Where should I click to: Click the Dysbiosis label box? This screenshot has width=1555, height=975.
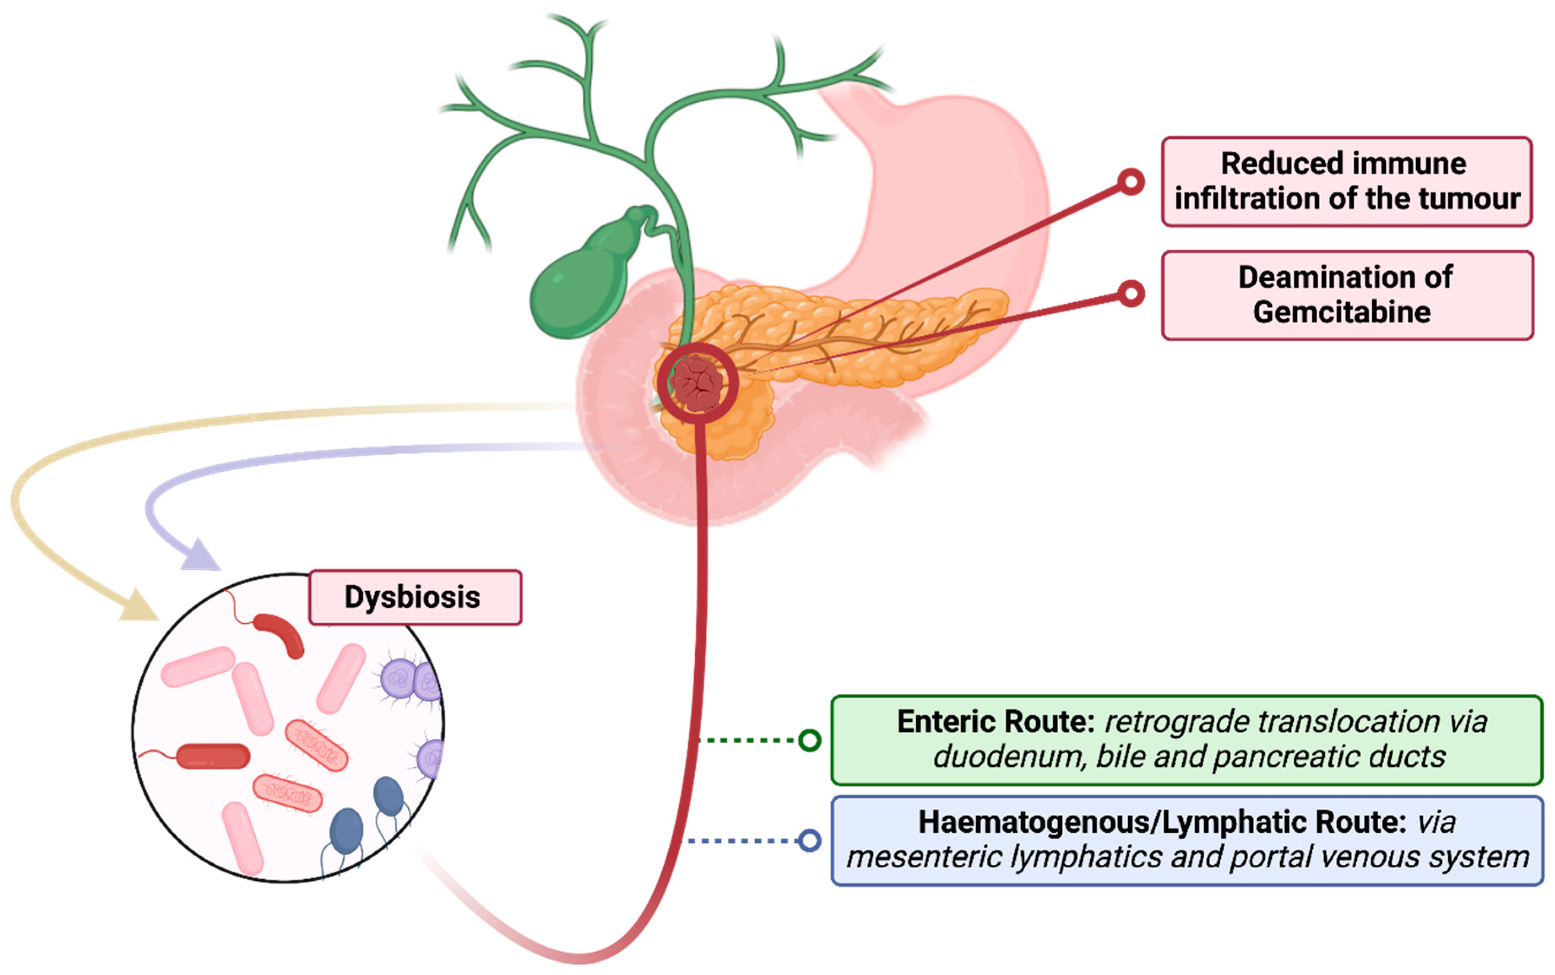click(414, 597)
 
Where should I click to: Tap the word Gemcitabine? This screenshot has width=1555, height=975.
click(1342, 312)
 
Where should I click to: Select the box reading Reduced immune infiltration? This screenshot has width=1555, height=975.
click(1346, 181)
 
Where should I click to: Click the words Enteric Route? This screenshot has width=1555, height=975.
click(996, 722)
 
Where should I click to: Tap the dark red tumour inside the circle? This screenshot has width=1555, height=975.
click(696, 383)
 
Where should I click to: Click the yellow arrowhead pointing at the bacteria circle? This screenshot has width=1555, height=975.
click(138, 606)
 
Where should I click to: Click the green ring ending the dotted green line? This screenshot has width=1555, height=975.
click(810, 740)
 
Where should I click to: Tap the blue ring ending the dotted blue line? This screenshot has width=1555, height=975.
click(810, 840)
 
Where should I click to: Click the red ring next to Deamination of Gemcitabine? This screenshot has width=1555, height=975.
click(1131, 293)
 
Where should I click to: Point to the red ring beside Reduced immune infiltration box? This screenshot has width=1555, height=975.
click(1131, 182)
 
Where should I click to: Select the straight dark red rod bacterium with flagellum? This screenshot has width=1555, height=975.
click(213, 756)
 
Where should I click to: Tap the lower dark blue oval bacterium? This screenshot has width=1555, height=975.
click(346, 832)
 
